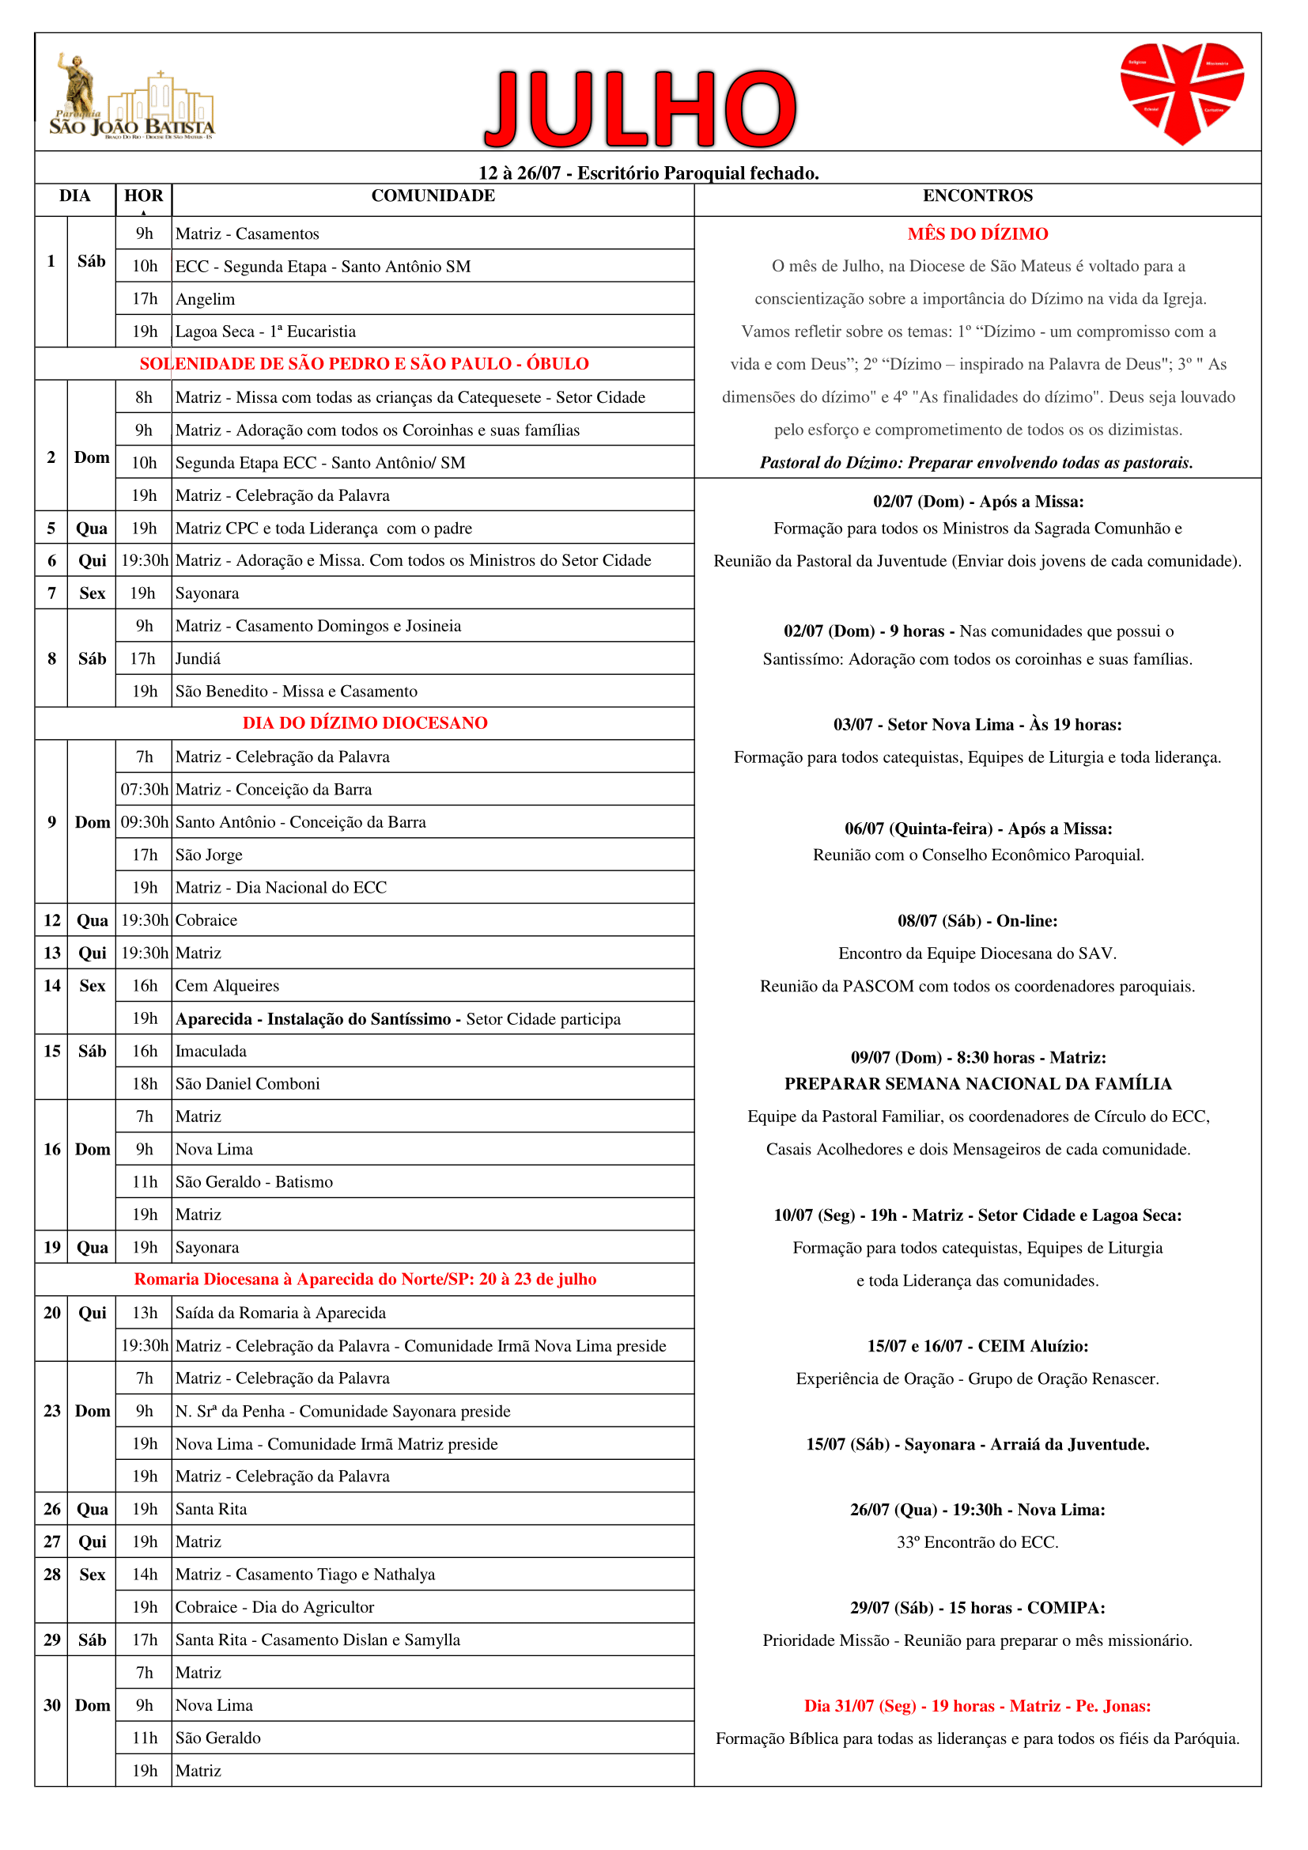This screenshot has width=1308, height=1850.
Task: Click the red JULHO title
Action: [x=641, y=108]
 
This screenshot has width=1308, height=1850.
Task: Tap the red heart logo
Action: [x=1181, y=92]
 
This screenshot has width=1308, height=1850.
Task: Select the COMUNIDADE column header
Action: [x=433, y=195]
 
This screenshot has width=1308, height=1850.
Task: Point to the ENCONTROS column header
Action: [x=977, y=195]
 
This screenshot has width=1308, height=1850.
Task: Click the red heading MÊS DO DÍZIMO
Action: [x=977, y=234]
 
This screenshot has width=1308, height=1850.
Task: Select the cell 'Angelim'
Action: [x=206, y=300]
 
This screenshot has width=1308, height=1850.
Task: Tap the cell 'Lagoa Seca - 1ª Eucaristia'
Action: [x=266, y=332]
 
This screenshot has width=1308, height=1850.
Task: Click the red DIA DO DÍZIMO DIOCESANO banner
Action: [x=365, y=723]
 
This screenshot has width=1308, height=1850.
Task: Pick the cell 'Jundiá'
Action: [x=198, y=659]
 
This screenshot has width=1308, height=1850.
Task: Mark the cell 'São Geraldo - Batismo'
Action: [x=254, y=1182]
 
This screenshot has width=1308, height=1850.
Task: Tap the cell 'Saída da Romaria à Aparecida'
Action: [x=280, y=1314]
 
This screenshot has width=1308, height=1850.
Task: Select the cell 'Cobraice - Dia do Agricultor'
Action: [x=274, y=1607]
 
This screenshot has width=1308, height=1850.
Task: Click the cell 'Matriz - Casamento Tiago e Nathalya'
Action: [x=305, y=1575]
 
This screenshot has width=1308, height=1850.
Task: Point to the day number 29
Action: [x=52, y=1640]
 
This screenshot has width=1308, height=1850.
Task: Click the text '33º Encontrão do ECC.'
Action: [x=977, y=1542]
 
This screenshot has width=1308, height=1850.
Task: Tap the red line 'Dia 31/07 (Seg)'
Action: [x=977, y=1706]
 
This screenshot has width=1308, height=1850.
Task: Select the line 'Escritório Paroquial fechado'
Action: [x=648, y=173]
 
